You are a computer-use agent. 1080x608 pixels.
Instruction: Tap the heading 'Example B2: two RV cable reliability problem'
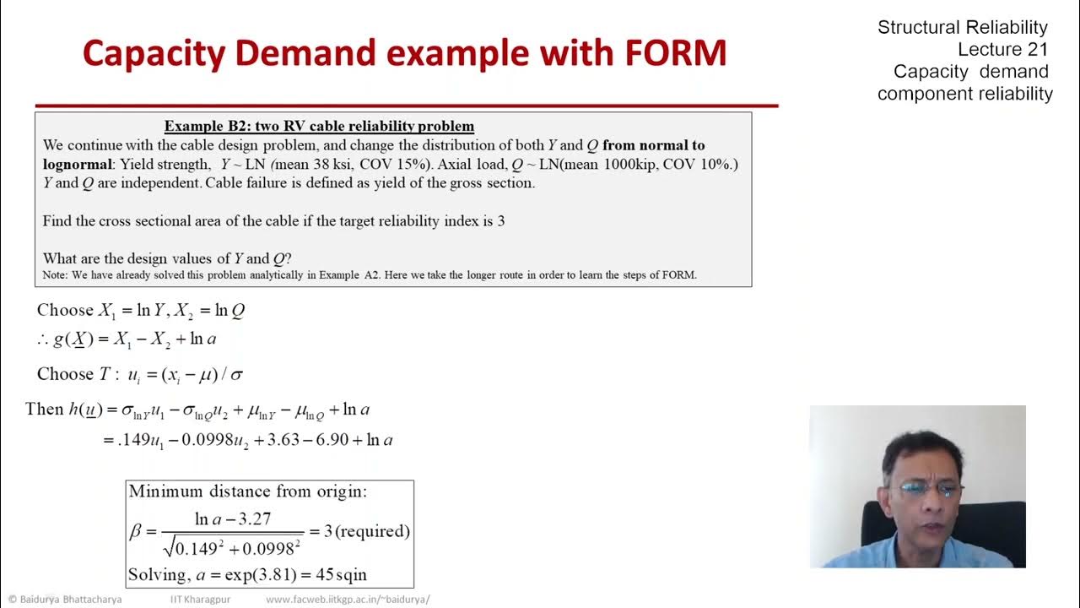(x=319, y=126)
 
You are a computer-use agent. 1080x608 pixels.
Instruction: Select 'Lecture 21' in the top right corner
(x=1002, y=49)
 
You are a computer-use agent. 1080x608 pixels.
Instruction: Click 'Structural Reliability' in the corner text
(x=962, y=27)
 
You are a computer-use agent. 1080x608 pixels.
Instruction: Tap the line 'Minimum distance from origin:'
(x=247, y=491)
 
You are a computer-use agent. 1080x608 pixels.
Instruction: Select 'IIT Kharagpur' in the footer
(x=200, y=600)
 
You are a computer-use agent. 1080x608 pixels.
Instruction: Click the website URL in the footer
(x=348, y=600)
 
